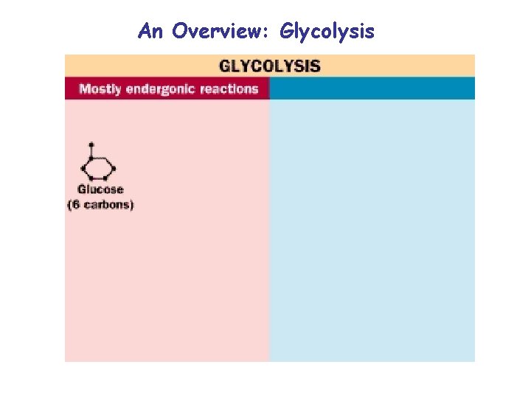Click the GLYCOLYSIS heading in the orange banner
(269, 66)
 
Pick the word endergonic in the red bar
(163, 89)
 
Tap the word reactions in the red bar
(229, 89)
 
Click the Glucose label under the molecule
(100, 189)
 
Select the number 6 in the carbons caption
(75, 204)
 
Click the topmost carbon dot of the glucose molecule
(91, 144)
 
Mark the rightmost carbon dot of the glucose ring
(114, 168)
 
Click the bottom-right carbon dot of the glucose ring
(106, 178)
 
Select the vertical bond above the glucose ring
(91, 151)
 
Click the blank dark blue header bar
(372, 89)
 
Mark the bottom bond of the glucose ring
(97, 178)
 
